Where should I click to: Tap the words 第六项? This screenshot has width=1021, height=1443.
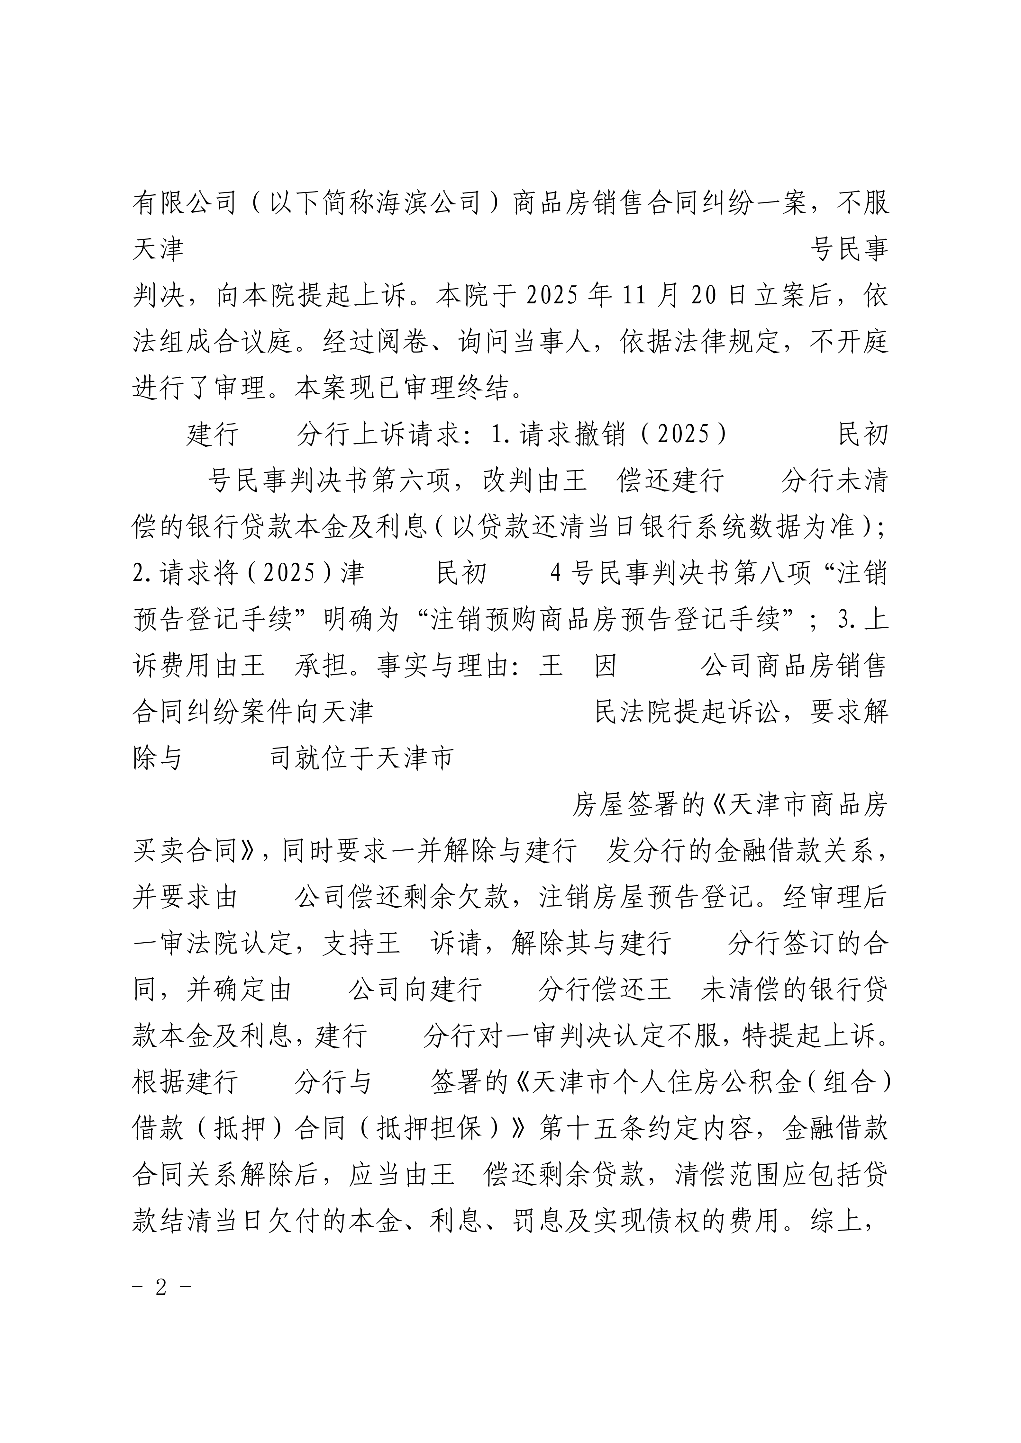[x=412, y=481]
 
